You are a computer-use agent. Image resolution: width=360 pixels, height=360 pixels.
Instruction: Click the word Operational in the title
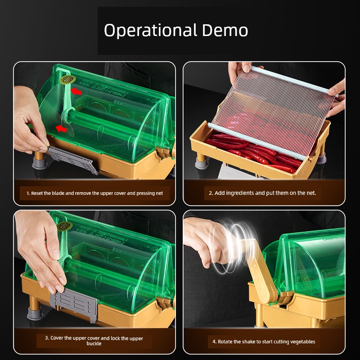click(151, 31)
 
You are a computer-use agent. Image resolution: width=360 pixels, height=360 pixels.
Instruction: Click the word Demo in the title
click(225, 30)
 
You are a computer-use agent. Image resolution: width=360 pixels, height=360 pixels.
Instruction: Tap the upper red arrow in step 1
click(76, 91)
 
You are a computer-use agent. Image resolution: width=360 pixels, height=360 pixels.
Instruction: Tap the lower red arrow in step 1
click(61, 129)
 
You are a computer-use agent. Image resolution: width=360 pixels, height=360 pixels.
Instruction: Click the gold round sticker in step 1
click(68, 80)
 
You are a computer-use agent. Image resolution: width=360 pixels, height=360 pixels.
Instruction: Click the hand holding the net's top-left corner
click(240, 70)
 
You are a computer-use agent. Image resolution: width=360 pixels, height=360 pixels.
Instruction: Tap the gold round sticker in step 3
click(65, 226)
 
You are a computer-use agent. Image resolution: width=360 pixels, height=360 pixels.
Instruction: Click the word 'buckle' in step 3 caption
click(94, 343)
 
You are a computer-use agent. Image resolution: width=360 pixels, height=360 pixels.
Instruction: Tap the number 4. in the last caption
click(215, 342)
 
